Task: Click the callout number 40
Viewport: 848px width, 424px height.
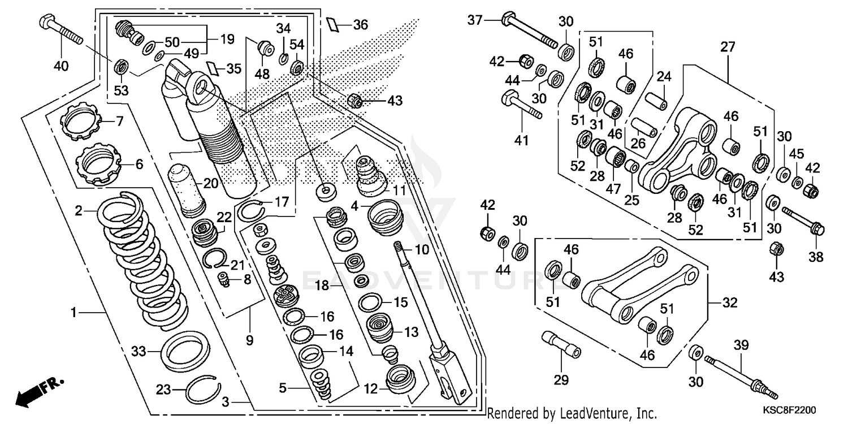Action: tap(60, 66)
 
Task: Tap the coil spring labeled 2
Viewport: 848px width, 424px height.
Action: tap(141, 260)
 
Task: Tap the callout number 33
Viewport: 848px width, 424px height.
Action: tap(139, 351)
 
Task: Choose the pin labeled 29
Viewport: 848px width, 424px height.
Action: tap(561, 344)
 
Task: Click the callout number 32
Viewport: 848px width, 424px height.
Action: tap(730, 303)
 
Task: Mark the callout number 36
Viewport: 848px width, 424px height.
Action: tap(360, 25)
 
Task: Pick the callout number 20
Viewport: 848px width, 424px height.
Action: tap(210, 183)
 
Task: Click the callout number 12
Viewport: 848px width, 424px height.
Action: tap(370, 389)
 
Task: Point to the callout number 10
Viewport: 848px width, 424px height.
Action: tap(422, 249)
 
